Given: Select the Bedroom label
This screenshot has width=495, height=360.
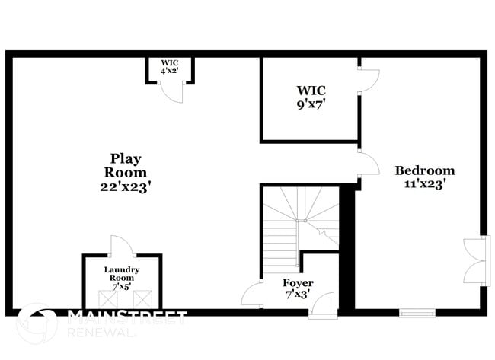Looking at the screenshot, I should [424, 170].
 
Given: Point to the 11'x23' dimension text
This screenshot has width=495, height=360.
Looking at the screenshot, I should [420, 183].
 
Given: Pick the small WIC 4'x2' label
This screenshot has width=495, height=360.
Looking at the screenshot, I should [169, 67].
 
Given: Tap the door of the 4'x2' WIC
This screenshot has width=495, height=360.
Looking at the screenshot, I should [174, 93].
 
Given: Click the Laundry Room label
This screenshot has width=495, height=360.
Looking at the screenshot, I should [122, 274].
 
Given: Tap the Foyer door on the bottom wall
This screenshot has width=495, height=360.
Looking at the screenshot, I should [323, 307].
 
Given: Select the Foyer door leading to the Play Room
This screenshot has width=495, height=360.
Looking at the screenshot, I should [252, 294].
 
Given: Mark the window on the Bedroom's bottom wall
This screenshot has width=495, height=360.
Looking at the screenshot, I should [417, 312].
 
